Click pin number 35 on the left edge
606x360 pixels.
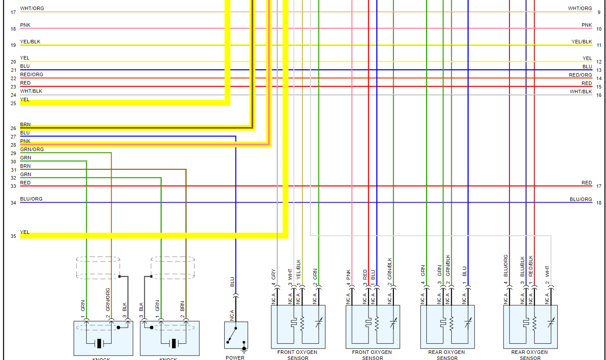[x=13, y=236]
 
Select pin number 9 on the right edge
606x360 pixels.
[x=599, y=12]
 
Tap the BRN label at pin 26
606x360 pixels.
[x=25, y=125]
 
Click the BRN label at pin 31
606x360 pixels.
[x=25, y=166]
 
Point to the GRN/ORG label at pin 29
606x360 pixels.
[x=32, y=150]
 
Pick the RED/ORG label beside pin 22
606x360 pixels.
[x=32, y=75]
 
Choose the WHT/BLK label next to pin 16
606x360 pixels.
[x=581, y=92]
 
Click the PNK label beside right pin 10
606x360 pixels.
[x=587, y=25]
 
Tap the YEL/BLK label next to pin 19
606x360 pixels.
[x=30, y=42]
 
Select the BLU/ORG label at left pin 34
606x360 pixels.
[x=31, y=199]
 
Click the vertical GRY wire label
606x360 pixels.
[x=274, y=275]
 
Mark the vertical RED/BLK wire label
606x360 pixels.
[x=531, y=266]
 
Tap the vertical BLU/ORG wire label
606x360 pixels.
[x=506, y=266]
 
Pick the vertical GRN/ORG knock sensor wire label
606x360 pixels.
[x=108, y=300]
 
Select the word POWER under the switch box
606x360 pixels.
[x=235, y=358]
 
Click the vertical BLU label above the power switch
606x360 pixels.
[x=232, y=282]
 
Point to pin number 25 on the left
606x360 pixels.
[x=13, y=103]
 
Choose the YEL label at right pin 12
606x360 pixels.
[x=587, y=58]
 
